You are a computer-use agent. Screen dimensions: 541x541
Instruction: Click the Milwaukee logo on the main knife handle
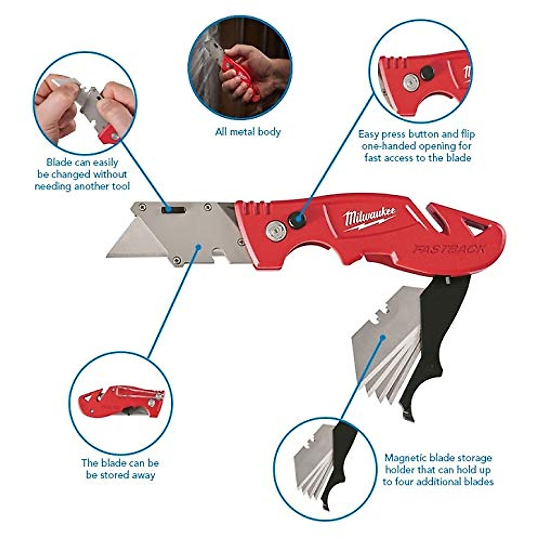click(x=370, y=219)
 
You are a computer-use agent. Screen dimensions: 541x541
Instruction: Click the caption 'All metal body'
click(x=248, y=132)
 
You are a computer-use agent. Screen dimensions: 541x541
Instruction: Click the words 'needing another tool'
click(x=82, y=186)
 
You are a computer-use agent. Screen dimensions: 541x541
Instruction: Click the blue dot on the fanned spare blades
click(x=383, y=337)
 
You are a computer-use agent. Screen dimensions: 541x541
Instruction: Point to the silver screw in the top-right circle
click(x=410, y=82)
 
